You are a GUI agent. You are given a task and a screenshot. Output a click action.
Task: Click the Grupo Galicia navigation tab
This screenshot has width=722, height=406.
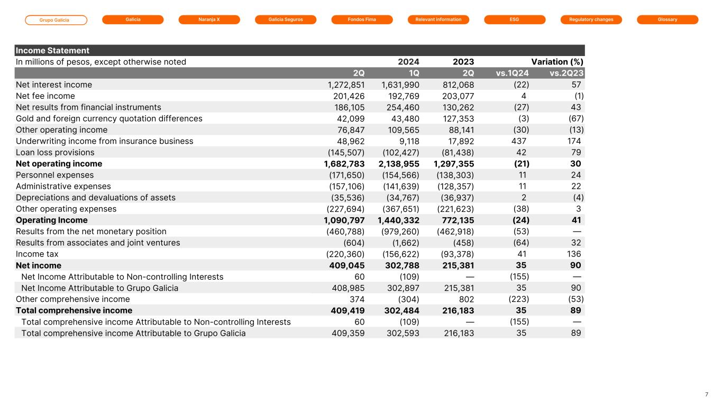56,20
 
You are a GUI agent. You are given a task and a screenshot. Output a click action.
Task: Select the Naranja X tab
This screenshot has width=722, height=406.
209,20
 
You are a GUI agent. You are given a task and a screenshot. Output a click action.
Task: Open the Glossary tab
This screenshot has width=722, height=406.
668,20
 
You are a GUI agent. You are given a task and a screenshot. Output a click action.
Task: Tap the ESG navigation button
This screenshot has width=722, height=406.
515,20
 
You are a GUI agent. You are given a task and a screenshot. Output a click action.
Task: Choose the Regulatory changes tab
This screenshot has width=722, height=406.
591,20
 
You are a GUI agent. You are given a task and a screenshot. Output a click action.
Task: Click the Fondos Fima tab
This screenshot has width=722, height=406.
362,20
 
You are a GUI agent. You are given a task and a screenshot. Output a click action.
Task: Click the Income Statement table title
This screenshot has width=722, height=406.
52,51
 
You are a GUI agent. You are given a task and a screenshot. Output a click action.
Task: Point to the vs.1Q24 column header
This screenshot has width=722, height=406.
512,73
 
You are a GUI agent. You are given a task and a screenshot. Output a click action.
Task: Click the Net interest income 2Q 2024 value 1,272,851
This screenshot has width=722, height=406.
346,85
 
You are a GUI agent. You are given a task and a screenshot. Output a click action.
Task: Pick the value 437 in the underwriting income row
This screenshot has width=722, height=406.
518,141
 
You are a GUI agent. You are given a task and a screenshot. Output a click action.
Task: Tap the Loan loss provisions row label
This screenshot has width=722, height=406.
55,153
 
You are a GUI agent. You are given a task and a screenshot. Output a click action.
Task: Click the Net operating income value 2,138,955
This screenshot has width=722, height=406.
400,164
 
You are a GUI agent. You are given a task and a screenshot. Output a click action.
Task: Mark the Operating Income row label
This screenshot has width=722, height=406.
52,220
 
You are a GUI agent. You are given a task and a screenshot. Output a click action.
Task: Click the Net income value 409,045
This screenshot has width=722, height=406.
347,265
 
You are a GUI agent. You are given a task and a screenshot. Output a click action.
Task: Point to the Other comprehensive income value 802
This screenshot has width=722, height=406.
466,299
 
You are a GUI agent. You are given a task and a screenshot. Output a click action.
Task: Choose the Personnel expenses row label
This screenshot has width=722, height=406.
55,175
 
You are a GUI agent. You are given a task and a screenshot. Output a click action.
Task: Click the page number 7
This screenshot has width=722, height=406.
707,394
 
